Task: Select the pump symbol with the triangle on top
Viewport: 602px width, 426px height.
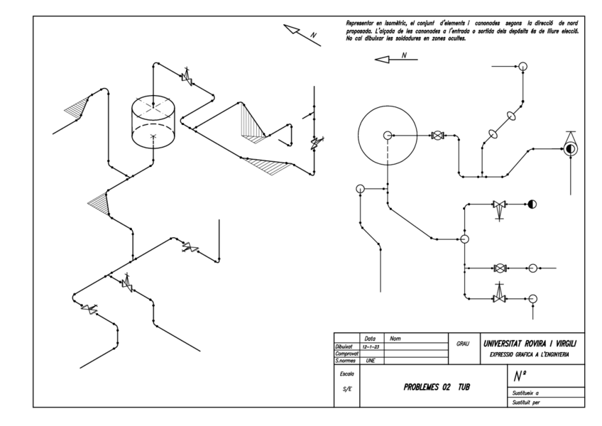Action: click(x=569, y=148)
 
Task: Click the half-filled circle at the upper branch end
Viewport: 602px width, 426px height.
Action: click(x=532, y=204)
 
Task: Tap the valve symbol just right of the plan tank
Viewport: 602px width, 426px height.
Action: click(x=438, y=135)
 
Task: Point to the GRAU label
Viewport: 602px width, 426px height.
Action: click(x=463, y=342)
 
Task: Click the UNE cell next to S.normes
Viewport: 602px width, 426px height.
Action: click(x=369, y=360)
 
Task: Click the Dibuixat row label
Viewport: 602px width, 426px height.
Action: click(x=345, y=346)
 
